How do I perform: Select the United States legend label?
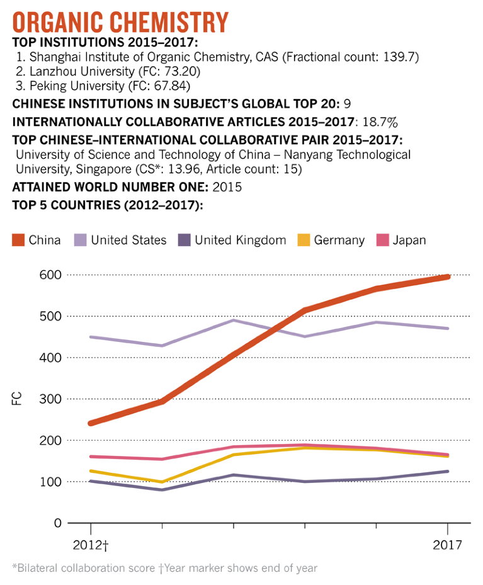tap(128, 240)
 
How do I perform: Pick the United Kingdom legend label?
tap(240, 240)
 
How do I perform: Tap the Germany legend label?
tap(339, 240)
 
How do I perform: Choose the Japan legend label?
tap(409, 240)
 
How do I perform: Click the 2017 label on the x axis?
tap(447, 544)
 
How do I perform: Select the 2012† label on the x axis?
tap(91, 544)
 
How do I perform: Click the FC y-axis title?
tap(17, 399)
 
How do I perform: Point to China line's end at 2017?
tap(448, 276)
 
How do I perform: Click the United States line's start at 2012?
tap(91, 337)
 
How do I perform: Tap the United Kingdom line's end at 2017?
tap(448, 471)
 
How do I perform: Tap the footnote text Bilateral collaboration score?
tap(85, 567)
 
